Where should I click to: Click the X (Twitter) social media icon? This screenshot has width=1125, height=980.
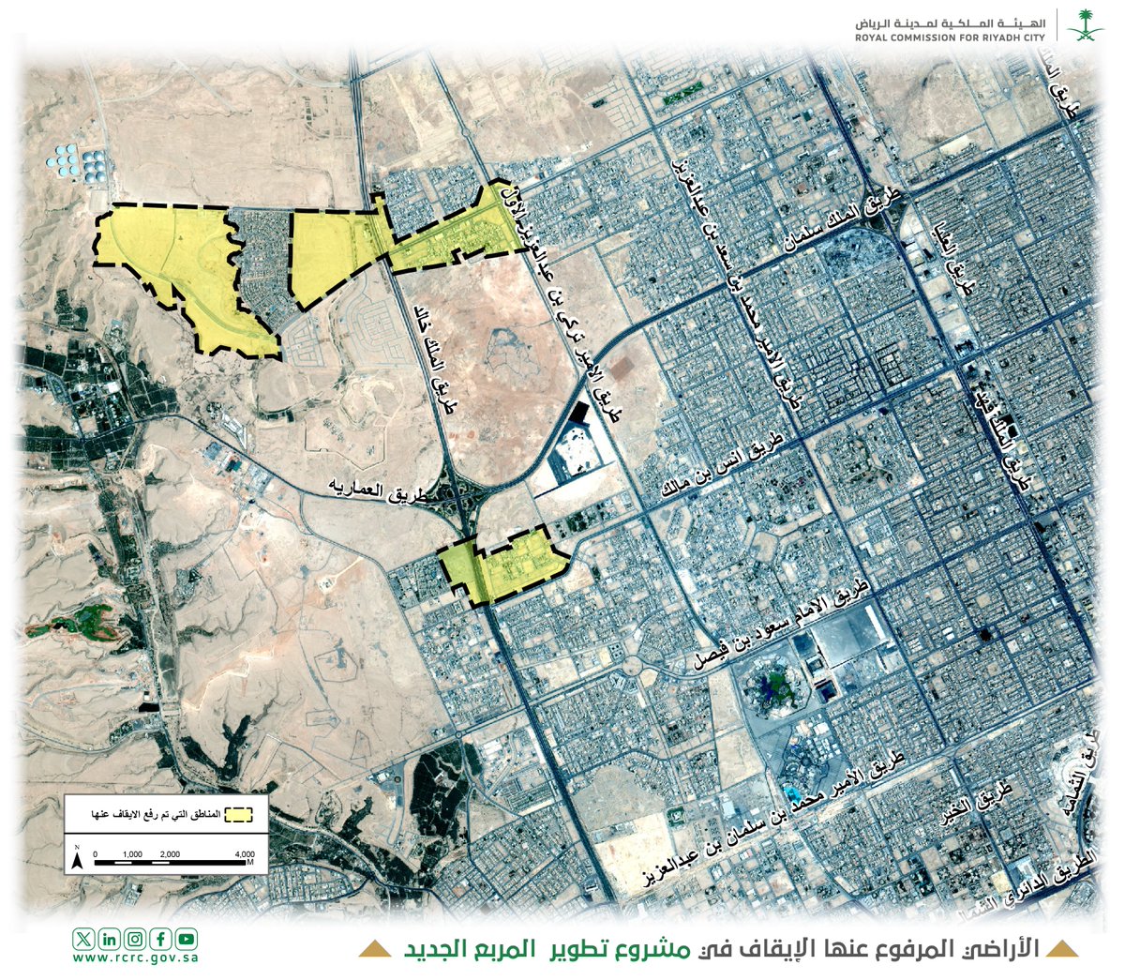(84, 939)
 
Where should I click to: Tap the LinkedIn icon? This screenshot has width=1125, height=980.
(110, 939)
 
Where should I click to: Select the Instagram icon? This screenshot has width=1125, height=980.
(135, 939)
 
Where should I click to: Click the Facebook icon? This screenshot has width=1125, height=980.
(160, 939)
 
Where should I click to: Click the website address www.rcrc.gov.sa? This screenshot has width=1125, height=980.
(135, 958)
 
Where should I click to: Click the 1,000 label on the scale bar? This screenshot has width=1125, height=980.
(131, 854)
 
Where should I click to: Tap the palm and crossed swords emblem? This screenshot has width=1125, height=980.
(1087, 24)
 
